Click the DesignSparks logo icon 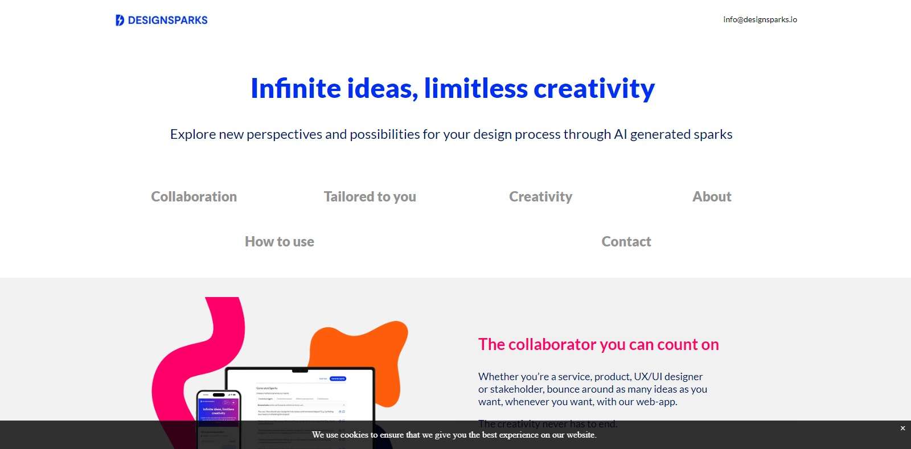[120, 20]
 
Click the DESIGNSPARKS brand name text [167, 20]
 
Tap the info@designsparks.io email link [760, 19]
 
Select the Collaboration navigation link [194, 196]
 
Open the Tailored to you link [370, 196]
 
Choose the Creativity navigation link [540, 196]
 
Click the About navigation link [712, 196]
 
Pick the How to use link [279, 241]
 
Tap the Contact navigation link [626, 241]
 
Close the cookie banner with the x [902, 428]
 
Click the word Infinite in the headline [296, 89]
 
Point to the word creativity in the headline [594, 89]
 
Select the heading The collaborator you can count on [598, 344]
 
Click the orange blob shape [364, 347]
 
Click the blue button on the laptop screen [338, 378]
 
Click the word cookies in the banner [354, 435]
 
